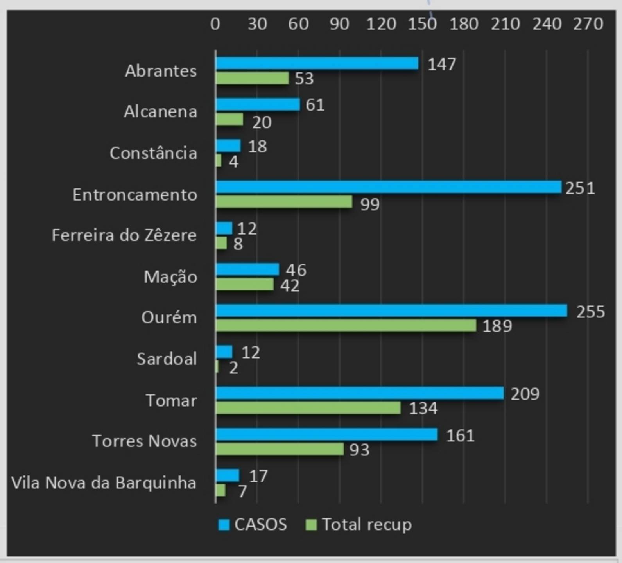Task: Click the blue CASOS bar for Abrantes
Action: [317, 63]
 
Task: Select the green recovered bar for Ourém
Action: [346, 325]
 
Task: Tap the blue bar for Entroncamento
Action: [388, 187]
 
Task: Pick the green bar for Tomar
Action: [308, 408]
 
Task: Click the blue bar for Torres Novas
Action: [326, 434]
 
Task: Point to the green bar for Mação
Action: [245, 284]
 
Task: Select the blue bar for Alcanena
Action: [258, 104]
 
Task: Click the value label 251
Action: [580, 188]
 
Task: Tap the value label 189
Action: [497, 326]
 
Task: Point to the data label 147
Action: [442, 65]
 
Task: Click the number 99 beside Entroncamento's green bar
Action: [370, 204]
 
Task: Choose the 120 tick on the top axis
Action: [381, 24]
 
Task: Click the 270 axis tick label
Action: [588, 24]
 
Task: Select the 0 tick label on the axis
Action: [215, 24]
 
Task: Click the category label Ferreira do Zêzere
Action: [124, 235]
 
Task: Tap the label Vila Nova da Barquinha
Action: [104, 483]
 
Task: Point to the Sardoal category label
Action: [167, 359]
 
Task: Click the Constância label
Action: [153, 153]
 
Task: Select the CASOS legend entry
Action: [253, 525]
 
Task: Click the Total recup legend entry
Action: [359, 525]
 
